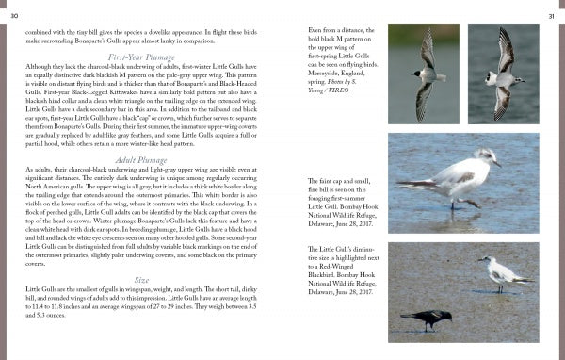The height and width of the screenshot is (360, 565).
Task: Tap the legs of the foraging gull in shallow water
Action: click(453, 201)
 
